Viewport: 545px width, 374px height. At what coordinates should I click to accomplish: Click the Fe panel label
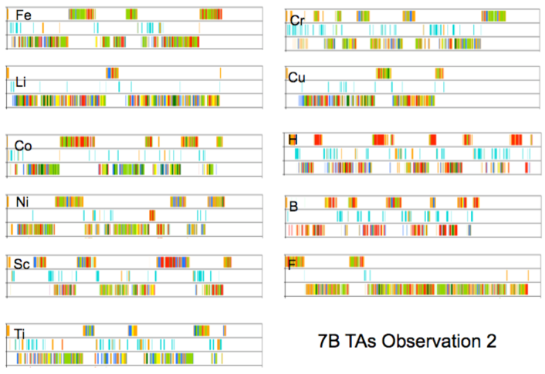point(23,15)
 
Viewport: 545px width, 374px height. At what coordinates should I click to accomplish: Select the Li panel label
point(22,82)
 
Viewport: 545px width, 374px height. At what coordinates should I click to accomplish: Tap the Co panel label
point(23,146)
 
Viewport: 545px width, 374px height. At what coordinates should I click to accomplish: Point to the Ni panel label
point(22,203)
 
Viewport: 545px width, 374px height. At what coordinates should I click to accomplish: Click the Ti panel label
point(21,332)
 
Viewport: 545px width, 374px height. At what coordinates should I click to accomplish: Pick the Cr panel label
point(296,19)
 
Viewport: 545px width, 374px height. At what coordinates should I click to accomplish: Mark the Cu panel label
point(297,78)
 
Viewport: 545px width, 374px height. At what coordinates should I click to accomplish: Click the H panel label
point(293,140)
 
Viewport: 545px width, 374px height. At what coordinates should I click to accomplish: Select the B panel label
point(293,207)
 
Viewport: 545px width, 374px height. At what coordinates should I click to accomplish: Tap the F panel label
point(291,264)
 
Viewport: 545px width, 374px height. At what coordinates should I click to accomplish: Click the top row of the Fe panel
point(135,14)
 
